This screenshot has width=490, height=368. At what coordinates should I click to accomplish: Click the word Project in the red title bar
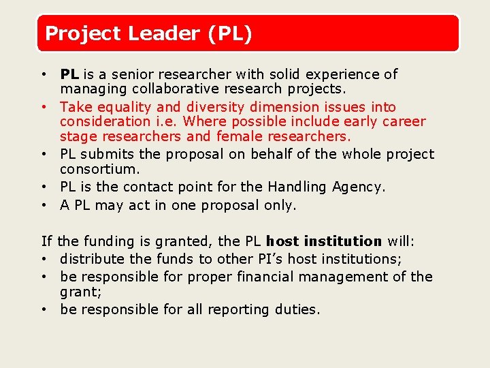tap(77, 33)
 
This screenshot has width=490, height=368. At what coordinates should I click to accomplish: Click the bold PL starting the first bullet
tap(69, 74)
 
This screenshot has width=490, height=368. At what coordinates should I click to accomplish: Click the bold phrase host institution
tap(324, 241)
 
